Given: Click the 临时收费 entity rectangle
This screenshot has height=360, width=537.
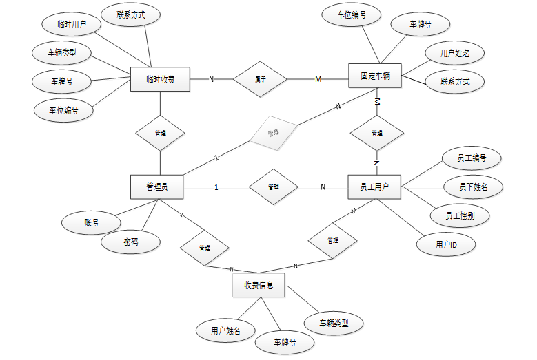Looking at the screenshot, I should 160,79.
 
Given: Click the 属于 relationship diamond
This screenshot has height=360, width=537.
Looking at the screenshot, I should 260,79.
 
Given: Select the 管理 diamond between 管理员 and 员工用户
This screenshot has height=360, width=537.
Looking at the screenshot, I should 273,187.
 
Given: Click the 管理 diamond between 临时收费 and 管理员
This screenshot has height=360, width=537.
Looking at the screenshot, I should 160,132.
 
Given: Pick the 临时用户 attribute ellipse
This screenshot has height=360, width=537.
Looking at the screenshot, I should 70,24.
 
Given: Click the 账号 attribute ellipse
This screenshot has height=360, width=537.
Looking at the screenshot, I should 91,222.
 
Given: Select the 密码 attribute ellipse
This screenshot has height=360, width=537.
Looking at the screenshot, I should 131,242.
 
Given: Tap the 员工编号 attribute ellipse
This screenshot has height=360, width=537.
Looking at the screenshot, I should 472,158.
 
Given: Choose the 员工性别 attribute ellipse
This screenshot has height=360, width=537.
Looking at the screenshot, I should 459,215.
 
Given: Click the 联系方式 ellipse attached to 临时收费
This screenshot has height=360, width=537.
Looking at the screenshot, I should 130,14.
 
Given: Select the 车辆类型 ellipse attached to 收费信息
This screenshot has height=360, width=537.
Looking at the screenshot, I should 333,322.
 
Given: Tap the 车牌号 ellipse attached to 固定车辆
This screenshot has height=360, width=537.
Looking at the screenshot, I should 420,25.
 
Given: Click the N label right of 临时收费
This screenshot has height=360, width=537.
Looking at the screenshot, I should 211,79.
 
